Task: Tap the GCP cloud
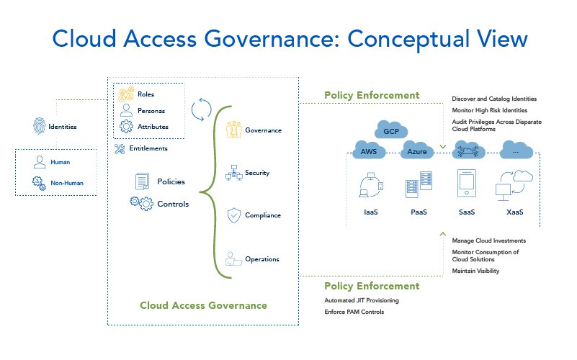390,131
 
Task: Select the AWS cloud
368,151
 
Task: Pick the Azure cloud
416,152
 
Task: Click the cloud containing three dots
515,150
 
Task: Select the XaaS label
514,214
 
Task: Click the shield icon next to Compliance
233,215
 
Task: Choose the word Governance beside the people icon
263,130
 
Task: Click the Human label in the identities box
61,163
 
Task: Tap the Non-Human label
67,183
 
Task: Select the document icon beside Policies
142,182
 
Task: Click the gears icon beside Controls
141,204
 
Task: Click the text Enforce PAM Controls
354,312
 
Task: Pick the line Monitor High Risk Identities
489,110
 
